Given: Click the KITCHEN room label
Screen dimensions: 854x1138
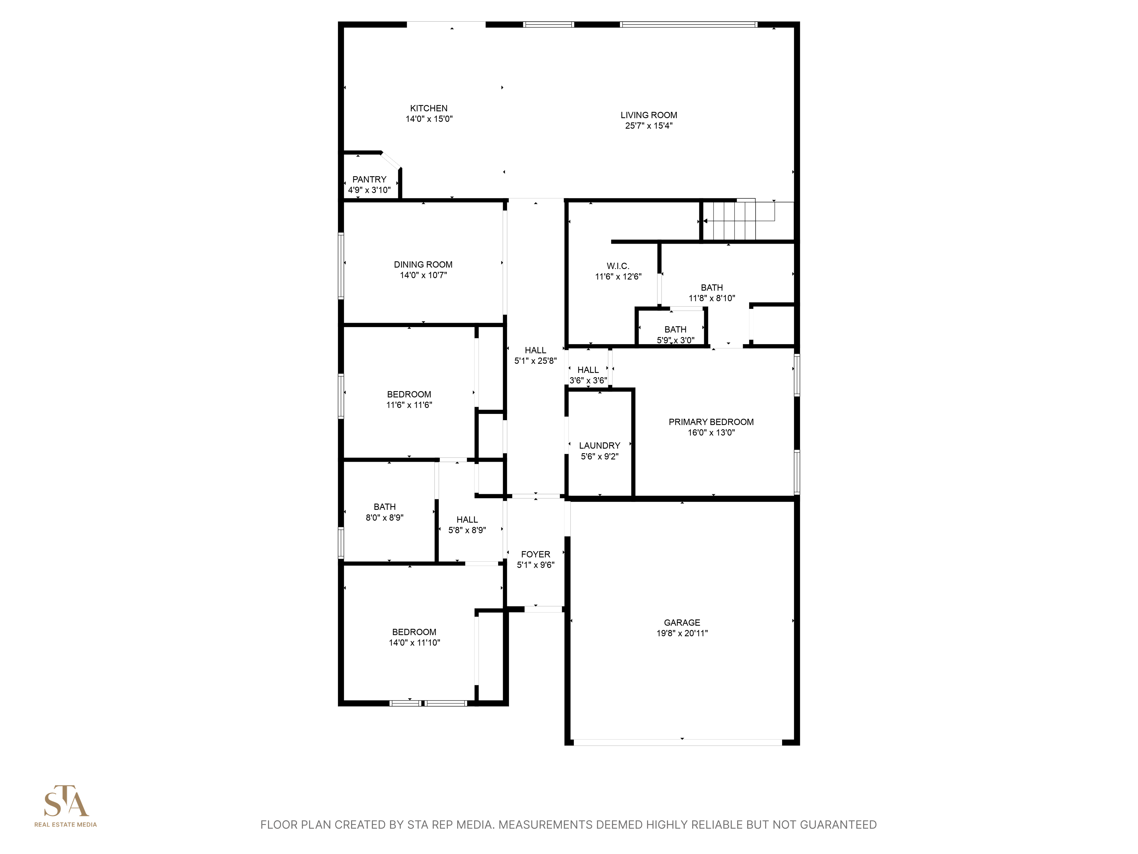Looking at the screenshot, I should (x=428, y=108).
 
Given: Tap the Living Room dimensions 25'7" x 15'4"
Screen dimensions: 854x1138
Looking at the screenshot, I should (x=649, y=126).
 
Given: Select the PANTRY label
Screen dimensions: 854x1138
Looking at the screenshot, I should (x=369, y=179).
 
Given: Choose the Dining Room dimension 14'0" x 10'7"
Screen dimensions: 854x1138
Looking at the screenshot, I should (x=423, y=275).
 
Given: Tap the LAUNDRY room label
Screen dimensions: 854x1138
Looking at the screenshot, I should (x=599, y=445).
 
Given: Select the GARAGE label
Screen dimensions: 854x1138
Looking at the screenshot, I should (x=682, y=622).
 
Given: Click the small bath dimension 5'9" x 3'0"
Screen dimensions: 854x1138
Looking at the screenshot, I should (x=675, y=340).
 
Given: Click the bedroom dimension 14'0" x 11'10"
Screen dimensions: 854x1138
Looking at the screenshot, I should (x=414, y=642).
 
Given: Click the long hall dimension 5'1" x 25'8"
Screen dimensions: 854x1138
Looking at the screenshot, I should (x=535, y=361).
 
